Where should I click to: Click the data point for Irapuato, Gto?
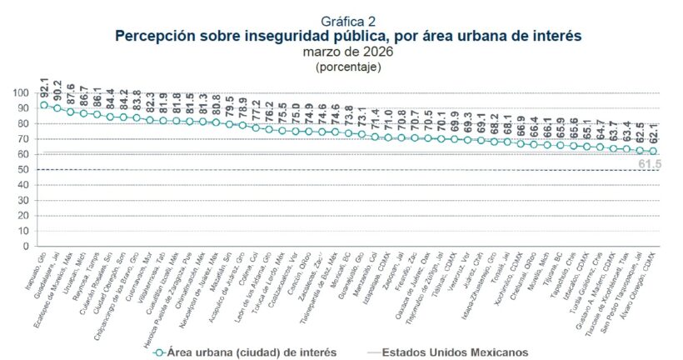click(x=44, y=105)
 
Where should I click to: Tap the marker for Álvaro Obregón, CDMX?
click(x=653, y=151)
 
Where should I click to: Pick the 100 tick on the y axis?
click(x=25, y=92)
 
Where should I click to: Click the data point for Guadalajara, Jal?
click(x=57, y=108)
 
